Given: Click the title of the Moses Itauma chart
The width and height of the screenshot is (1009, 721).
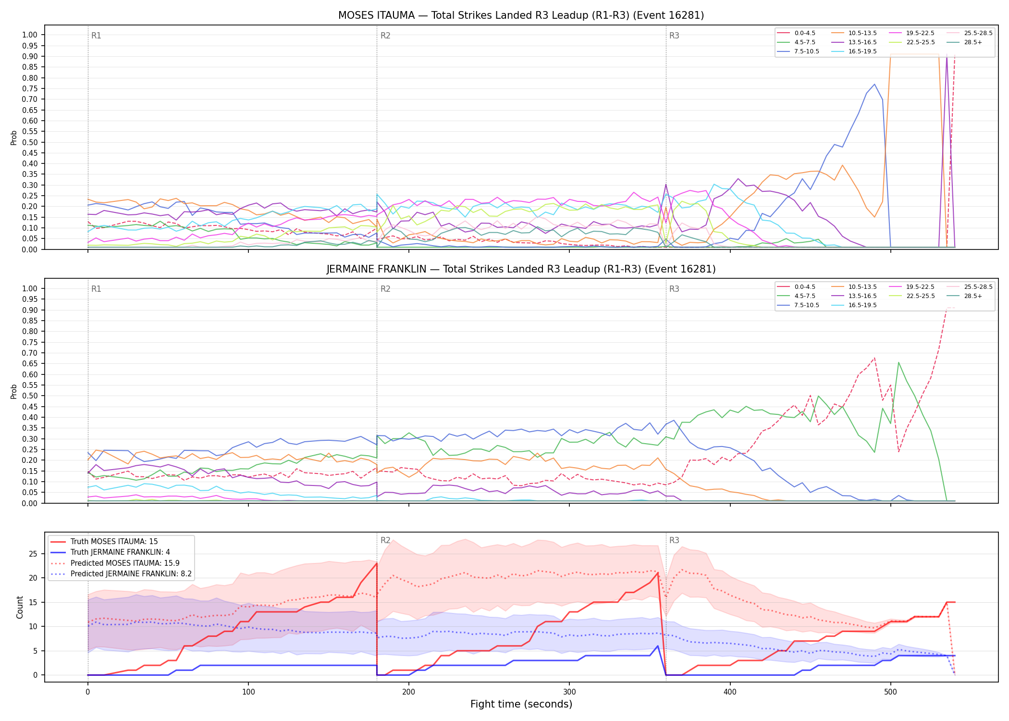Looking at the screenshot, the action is pyautogui.click(x=521, y=15).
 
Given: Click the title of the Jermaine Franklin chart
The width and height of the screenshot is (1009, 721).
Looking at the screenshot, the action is pyautogui.click(x=521, y=269).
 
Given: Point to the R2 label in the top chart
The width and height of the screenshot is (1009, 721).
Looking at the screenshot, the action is pyautogui.click(x=385, y=36).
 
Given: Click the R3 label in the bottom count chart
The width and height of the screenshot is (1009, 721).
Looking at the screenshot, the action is pyautogui.click(x=674, y=540).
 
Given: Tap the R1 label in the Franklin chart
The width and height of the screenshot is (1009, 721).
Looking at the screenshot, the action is pyautogui.click(x=96, y=289).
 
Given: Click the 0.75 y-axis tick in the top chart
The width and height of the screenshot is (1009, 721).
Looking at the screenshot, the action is pyautogui.click(x=30, y=88).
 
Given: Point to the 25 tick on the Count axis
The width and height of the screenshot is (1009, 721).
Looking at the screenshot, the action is pyautogui.click(x=33, y=554).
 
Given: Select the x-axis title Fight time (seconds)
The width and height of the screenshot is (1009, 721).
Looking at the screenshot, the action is pyautogui.click(x=521, y=704).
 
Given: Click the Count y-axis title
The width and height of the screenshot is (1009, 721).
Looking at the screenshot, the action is pyautogui.click(x=20, y=607).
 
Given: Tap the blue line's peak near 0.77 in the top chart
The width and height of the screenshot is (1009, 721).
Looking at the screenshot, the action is pyautogui.click(x=874, y=84).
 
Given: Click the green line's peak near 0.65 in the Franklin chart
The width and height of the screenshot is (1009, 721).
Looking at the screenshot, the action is pyautogui.click(x=898, y=362).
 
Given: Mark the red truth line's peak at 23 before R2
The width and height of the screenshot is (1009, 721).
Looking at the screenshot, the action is pyautogui.click(x=377, y=563).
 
